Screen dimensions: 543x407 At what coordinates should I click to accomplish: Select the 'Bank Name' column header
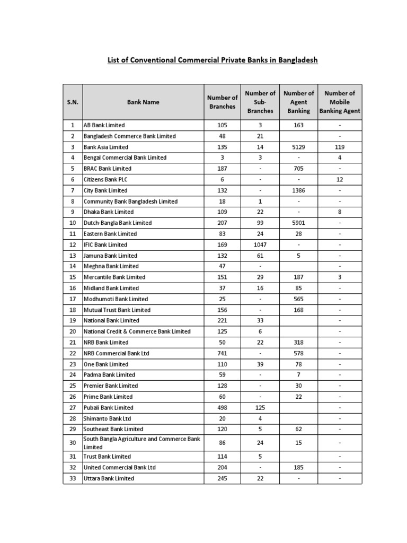coord(143,102)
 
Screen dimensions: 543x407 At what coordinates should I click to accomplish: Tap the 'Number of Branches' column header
coord(222,102)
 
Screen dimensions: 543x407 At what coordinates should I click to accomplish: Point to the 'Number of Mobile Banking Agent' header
coord(340,102)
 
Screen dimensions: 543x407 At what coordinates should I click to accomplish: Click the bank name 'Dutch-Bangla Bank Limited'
coord(118,223)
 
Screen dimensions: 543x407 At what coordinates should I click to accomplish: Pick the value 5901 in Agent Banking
coord(298,223)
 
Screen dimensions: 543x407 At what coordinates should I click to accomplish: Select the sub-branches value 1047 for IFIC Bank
coord(260,244)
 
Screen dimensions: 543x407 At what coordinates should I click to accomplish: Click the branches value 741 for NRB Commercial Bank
coord(222,353)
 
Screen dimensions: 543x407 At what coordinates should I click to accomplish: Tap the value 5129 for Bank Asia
coord(298,147)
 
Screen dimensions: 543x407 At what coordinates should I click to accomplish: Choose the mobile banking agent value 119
coord(340,147)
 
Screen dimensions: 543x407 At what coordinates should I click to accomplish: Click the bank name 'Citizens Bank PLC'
coord(105,179)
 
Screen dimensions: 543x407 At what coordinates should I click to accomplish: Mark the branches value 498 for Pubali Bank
coord(222,408)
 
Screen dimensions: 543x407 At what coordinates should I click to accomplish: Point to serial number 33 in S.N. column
coord(73,478)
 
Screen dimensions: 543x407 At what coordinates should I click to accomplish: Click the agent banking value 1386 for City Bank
coord(298,190)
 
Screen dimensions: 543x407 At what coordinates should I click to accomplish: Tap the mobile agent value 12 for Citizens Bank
coord(340,179)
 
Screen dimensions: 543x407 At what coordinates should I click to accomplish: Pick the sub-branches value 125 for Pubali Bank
coord(260,408)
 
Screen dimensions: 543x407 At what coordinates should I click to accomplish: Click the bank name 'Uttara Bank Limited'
coord(109,478)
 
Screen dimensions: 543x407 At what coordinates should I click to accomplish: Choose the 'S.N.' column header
coord(73,102)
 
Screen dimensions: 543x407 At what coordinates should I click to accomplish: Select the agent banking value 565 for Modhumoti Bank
coord(298,299)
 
